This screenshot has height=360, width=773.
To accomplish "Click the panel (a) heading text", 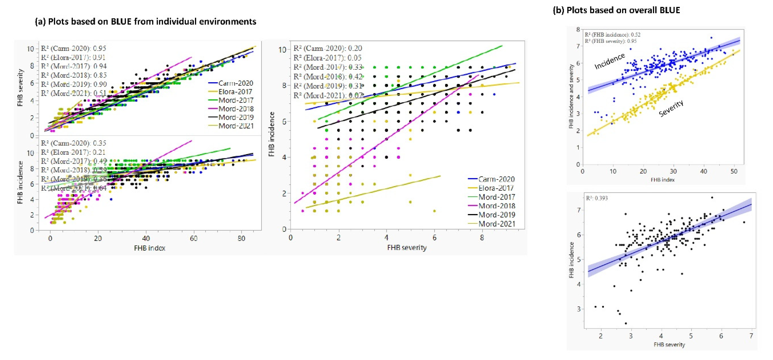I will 145,22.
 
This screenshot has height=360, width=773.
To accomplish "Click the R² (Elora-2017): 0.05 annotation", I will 327,58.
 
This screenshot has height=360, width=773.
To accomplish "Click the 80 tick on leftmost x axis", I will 241,239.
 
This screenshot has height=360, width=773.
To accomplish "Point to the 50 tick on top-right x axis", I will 734,171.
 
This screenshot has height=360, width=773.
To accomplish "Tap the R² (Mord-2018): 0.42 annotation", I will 328,77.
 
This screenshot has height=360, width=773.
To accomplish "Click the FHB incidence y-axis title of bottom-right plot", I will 571,260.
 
